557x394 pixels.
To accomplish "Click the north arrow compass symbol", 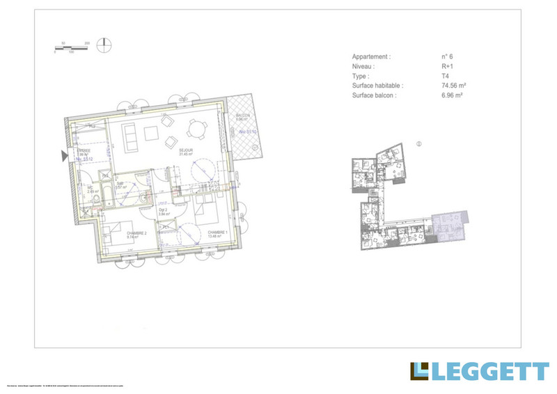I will [104, 45].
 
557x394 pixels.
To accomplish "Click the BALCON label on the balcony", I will [242, 116].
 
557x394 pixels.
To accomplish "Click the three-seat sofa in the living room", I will [129, 136].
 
